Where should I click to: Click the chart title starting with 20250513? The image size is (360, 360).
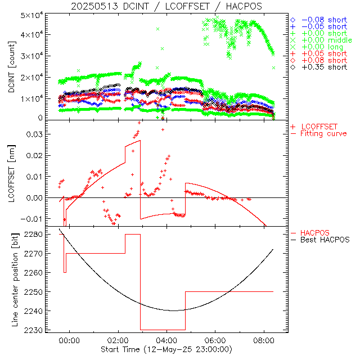click(166, 6)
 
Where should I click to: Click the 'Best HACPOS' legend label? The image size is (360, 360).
click(325, 240)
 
